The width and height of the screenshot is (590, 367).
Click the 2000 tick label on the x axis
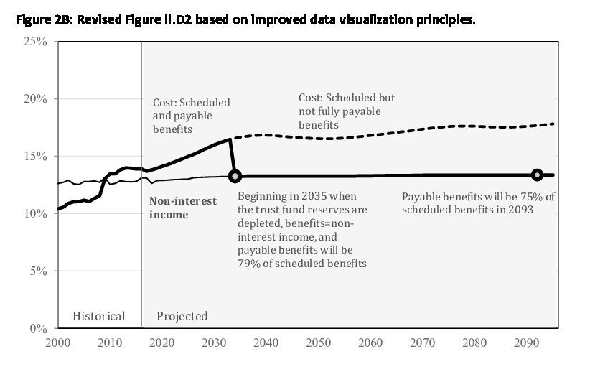pos(58,343)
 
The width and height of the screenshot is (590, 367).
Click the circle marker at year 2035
pos(235,176)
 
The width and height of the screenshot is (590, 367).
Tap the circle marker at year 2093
pos(536,175)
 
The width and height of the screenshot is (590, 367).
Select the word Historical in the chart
pos(99,316)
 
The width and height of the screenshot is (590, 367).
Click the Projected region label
pos(182,316)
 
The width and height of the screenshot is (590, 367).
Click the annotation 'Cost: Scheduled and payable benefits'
pos(192,116)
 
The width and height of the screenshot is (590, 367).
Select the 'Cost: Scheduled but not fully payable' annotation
pos(347,111)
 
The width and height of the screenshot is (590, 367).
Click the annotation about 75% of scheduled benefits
pos(478,203)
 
